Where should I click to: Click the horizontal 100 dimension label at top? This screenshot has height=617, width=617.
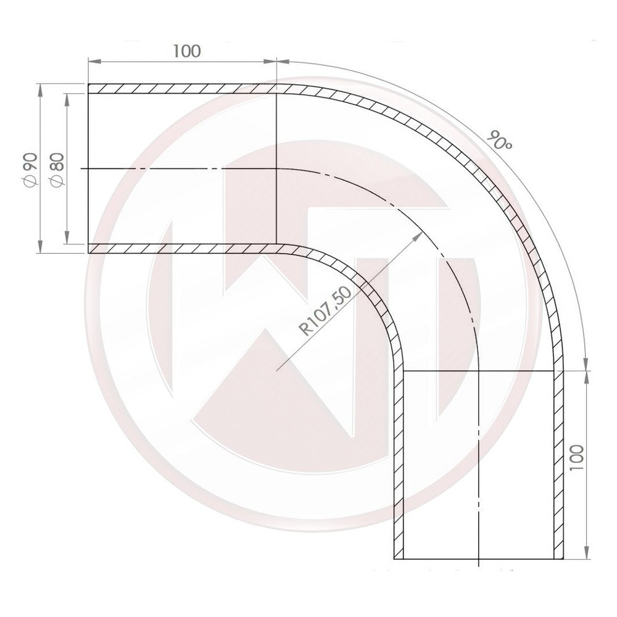coord(186,51)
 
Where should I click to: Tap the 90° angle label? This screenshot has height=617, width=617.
coord(499,141)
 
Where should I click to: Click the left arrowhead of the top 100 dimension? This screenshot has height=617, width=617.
coord(92,61)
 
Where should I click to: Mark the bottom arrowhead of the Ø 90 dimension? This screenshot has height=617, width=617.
coord(40,249)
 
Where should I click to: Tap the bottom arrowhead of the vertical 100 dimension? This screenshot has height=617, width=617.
coord(584,555)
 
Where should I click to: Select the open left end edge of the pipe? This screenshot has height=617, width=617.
coord(89,168)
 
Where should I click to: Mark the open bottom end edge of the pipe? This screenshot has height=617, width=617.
coord(478,559)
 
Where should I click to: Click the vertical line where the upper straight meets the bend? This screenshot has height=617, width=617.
coord(276,168)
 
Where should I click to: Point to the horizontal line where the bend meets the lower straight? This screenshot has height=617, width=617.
coord(478,371)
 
